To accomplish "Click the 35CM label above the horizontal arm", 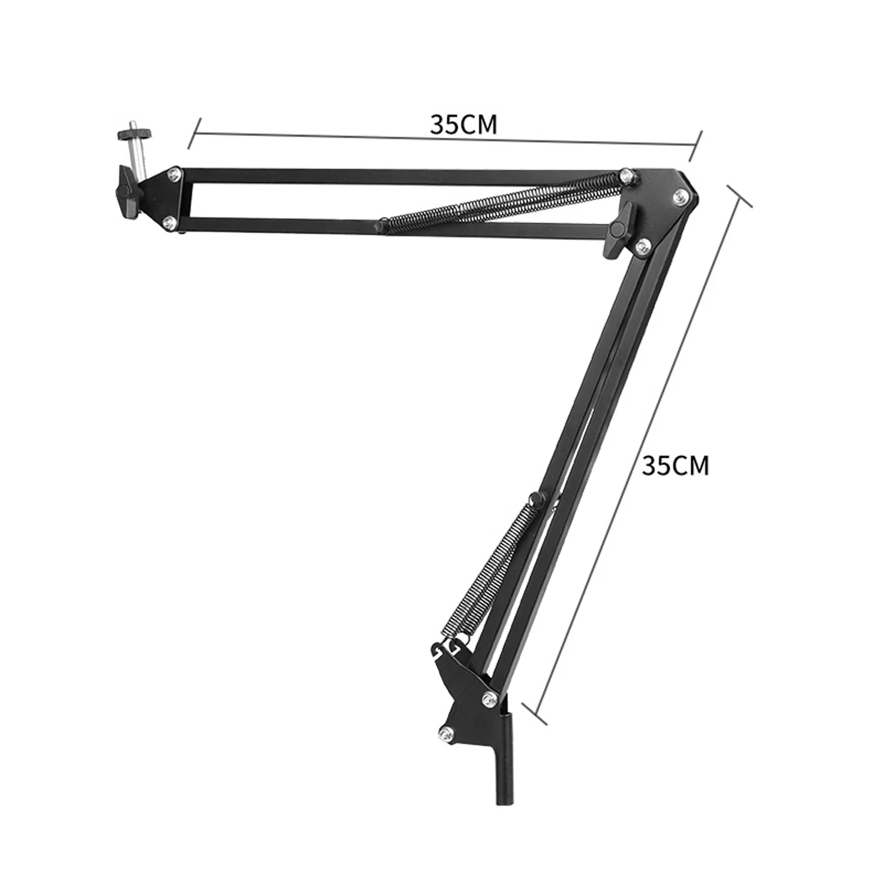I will [463, 125].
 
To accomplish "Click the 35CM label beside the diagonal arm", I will [675, 466].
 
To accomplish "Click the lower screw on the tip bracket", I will [169, 221].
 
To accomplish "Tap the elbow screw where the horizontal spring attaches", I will [626, 174].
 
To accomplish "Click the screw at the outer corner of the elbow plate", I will [681, 197].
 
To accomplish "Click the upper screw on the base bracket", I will [488, 698].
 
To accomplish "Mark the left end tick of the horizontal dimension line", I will [195, 133].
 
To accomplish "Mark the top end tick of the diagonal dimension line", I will [739, 197].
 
